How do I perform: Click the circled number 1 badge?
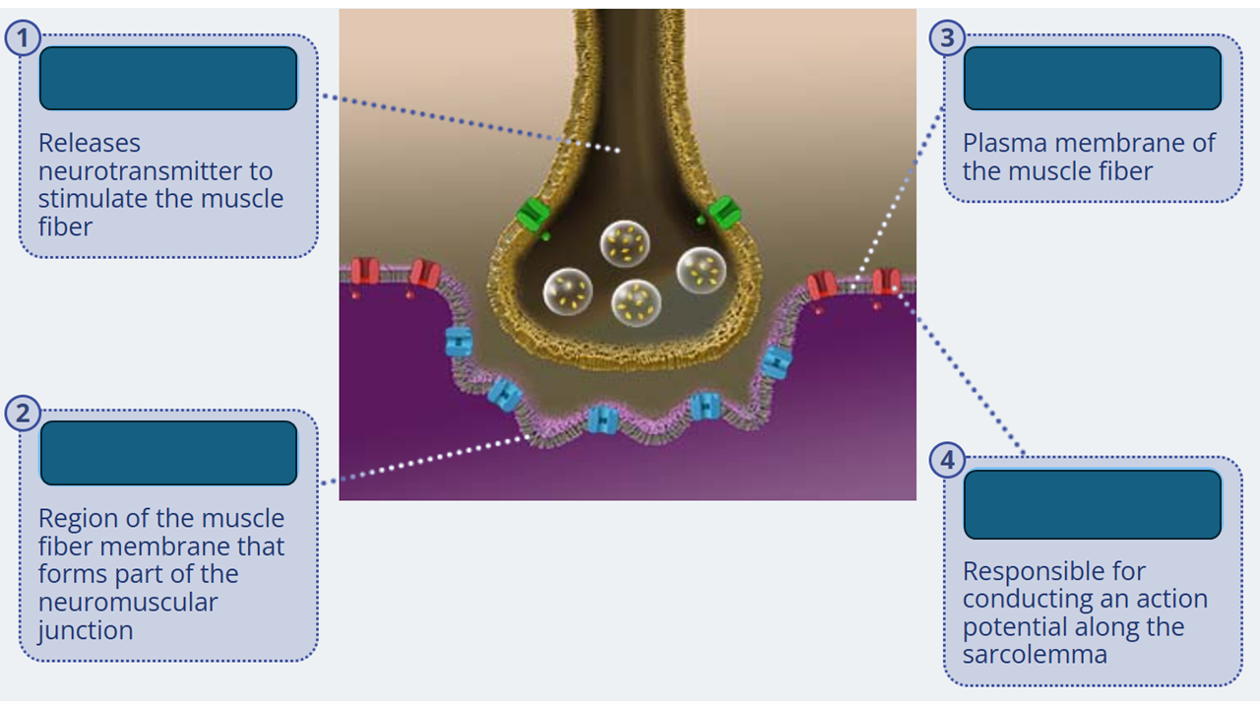(23, 39)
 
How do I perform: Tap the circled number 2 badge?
(23, 414)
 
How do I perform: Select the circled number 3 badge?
(947, 38)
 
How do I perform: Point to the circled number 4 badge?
(947, 460)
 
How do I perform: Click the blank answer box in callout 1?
(168, 78)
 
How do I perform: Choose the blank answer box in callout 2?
(168, 453)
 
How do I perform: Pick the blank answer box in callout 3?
(1092, 78)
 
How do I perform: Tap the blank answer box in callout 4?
(1092, 504)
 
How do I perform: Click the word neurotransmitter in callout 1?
(155, 171)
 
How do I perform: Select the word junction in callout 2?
(86, 630)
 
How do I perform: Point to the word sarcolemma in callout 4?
(1021, 655)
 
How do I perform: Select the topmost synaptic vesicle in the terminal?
(624, 244)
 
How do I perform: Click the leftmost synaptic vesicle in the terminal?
(568, 291)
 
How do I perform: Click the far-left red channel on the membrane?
(365, 273)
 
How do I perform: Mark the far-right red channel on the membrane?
(886, 283)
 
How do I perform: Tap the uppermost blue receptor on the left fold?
(459, 341)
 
